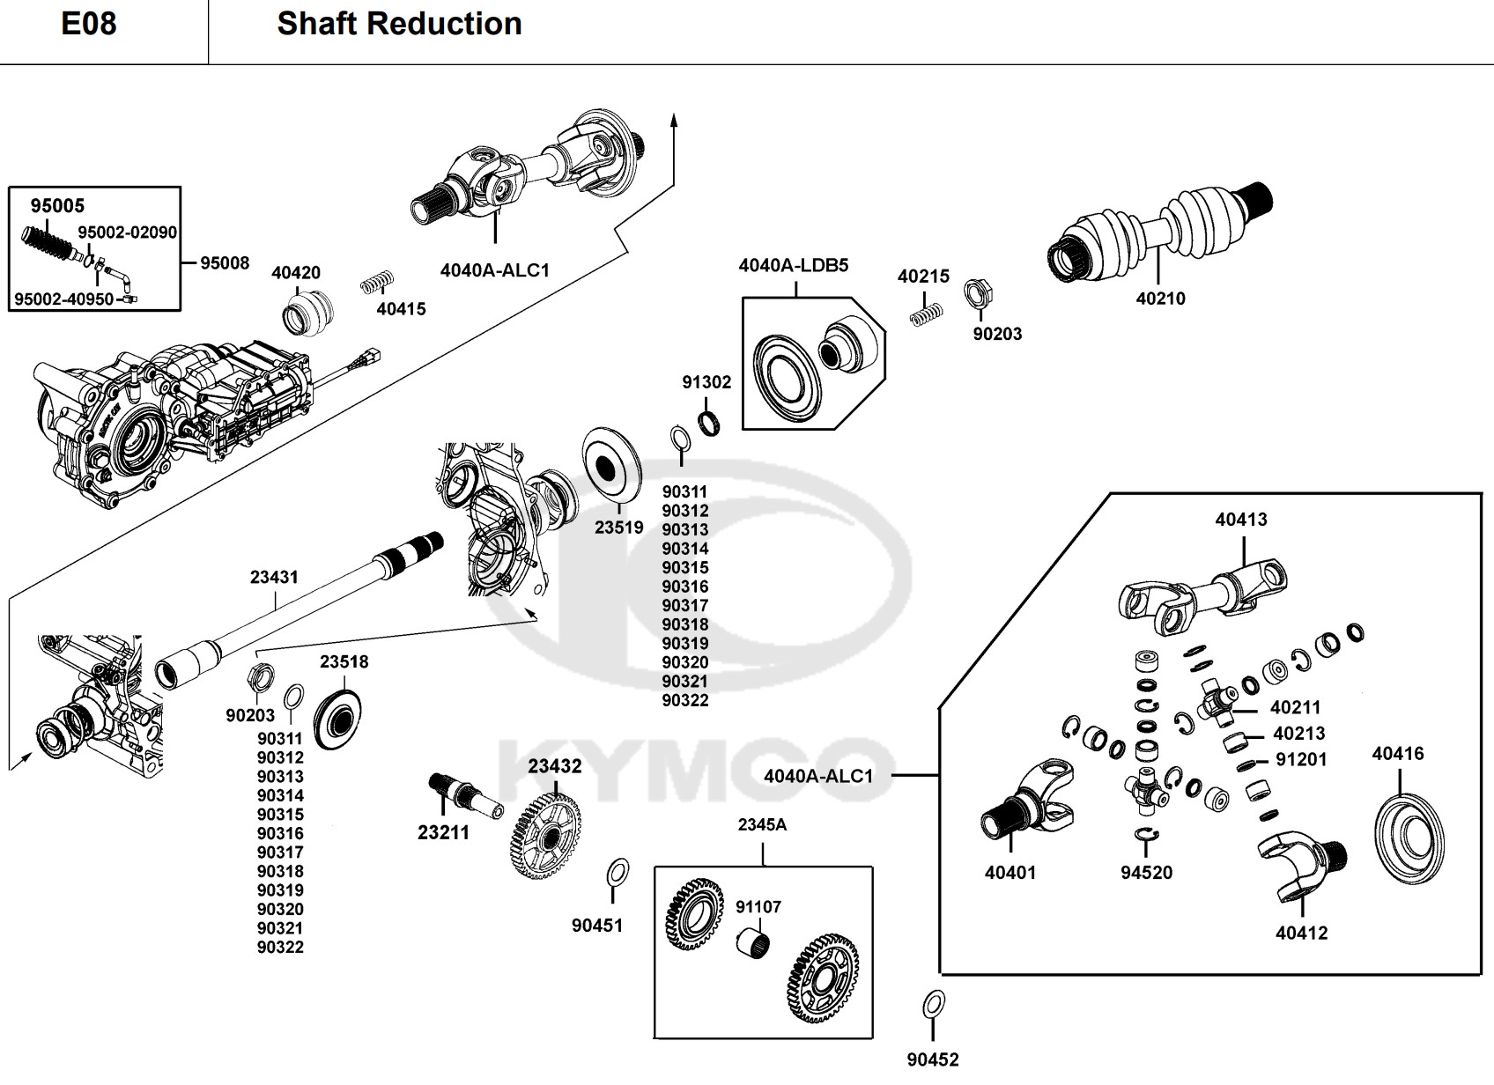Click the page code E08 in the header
pyautogui.click(x=88, y=24)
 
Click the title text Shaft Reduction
pyautogui.click(x=399, y=24)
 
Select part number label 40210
pyautogui.click(x=1160, y=299)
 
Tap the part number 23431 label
pyautogui.click(x=274, y=578)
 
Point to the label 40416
pyautogui.click(x=1398, y=754)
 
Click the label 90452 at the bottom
pyautogui.click(x=933, y=1060)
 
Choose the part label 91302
pyautogui.click(x=706, y=382)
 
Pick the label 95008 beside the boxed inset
pyautogui.click(x=225, y=263)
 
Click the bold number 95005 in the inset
pyautogui.click(x=57, y=206)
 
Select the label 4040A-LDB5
pyautogui.click(x=793, y=265)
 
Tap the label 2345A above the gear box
pyautogui.click(x=762, y=825)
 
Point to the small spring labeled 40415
pyautogui.click(x=378, y=284)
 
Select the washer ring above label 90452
pyautogui.click(x=934, y=1003)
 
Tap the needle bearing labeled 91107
pyautogui.click(x=754, y=941)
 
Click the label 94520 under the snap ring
pyautogui.click(x=1146, y=873)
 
